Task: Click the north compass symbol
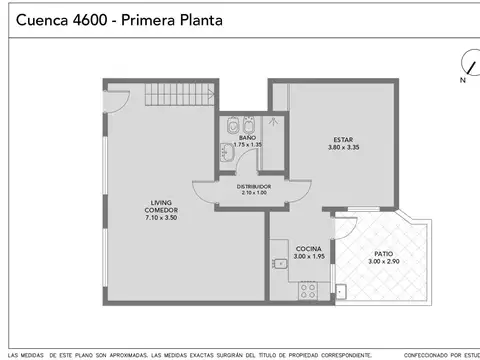point(465,64)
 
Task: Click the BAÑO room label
point(247,138)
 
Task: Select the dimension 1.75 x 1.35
point(247,145)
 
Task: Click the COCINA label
point(308,248)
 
